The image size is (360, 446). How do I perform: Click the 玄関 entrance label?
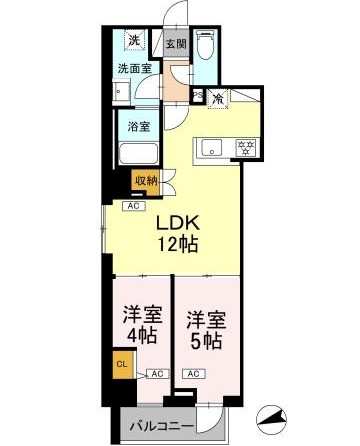[176, 44]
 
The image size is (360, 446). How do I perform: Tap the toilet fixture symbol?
[205, 45]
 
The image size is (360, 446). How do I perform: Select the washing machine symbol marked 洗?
[135, 40]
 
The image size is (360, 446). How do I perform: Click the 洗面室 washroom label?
[135, 69]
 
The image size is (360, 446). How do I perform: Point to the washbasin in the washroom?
[121, 91]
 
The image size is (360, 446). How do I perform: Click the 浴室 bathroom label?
[139, 126]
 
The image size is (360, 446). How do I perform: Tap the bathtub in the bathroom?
[138, 153]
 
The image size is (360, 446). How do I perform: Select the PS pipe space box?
[198, 95]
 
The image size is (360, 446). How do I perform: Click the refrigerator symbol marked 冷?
[218, 99]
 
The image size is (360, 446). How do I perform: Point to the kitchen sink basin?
[212, 148]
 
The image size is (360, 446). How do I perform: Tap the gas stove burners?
[246, 147]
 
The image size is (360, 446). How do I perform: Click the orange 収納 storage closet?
[145, 182]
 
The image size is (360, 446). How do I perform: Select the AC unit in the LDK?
[134, 206]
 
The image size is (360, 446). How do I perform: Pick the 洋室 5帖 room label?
[206, 330]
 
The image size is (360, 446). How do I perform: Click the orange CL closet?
[122, 364]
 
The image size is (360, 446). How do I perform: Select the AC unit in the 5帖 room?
[194, 374]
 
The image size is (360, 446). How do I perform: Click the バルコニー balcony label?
[161, 426]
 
